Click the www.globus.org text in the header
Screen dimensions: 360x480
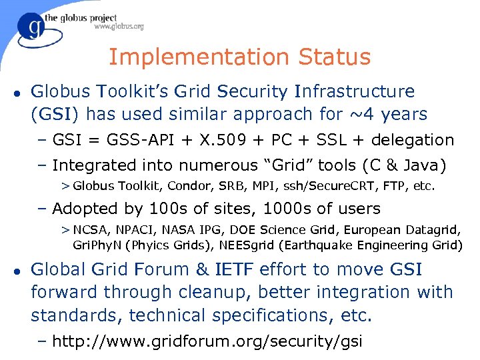point(118,27)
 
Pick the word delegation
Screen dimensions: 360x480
point(412,140)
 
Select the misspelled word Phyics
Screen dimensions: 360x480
point(153,245)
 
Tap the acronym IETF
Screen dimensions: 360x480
point(237,270)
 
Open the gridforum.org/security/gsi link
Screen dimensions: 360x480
point(207,342)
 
